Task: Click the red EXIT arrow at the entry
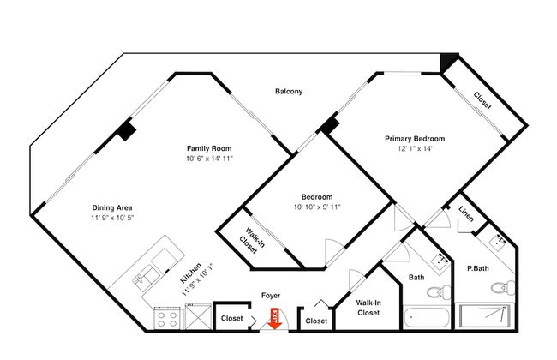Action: pyautogui.click(x=275, y=319)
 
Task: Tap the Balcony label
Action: pyautogui.click(x=289, y=92)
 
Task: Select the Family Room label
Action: pyautogui.click(x=209, y=148)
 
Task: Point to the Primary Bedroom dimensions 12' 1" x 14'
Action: pyautogui.click(x=415, y=148)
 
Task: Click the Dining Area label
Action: pyautogui.click(x=112, y=208)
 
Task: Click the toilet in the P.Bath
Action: pyautogui.click(x=503, y=287)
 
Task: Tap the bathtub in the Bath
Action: pyautogui.click(x=427, y=317)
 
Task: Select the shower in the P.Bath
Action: pyautogui.click(x=484, y=316)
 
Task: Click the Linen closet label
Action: pyautogui.click(x=466, y=214)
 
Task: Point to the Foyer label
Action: pyautogui.click(x=271, y=296)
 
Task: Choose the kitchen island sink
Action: pyautogui.click(x=144, y=277)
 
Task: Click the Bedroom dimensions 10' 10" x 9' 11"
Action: pyautogui.click(x=317, y=207)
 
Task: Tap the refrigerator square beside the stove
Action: pyautogui.click(x=198, y=316)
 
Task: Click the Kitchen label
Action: pyautogui.click(x=191, y=273)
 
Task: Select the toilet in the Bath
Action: pyautogui.click(x=439, y=292)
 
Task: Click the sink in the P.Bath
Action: pyautogui.click(x=499, y=242)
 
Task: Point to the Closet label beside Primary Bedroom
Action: pyautogui.click(x=482, y=100)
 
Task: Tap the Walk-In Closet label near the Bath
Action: pyautogui.click(x=368, y=308)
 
